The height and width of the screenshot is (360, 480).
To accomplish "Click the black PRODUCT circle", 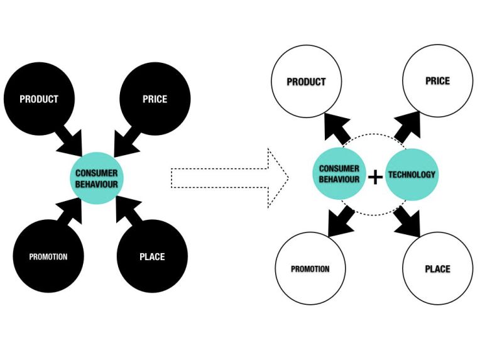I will pyautogui.click(x=39, y=99).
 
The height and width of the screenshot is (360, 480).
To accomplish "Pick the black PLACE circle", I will pyautogui.click(x=151, y=256).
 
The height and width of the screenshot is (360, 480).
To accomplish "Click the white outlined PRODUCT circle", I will pyautogui.click(x=307, y=82).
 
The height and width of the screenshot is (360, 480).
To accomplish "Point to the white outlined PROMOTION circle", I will pyautogui.click(x=310, y=269).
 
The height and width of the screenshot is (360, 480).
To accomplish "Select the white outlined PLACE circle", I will pyautogui.click(x=437, y=269).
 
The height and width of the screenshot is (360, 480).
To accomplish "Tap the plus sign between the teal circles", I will pyautogui.click(x=375, y=177).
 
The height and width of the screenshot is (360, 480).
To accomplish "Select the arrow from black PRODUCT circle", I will pyautogui.click(x=73, y=139).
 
